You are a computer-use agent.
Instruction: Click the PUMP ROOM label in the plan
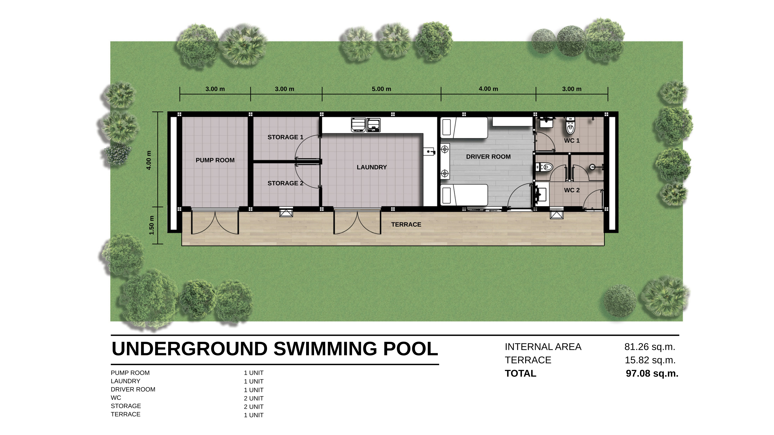[x=215, y=160]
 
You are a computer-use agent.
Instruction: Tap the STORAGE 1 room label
[x=285, y=137]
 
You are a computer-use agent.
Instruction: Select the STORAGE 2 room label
[x=285, y=183]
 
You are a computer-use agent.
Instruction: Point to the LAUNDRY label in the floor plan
[x=372, y=167]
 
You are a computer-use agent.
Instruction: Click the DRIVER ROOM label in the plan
[x=488, y=157]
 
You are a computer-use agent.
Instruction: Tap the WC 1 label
[x=572, y=141]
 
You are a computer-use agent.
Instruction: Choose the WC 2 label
[x=572, y=190]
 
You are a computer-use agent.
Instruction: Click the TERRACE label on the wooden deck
[x=406, y=224]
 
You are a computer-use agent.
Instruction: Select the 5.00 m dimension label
[x=382, y=89]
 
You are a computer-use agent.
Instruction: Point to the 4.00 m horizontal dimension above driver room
[x=488, y=89]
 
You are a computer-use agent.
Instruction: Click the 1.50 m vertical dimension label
[x=152, y=225]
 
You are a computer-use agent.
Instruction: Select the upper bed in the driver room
[x=464, y=128]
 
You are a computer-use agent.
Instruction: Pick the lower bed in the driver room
[x=464, y=195]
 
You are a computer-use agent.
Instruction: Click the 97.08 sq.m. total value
[x=652, y=374]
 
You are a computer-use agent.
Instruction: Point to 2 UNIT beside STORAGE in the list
[x=254, y=407]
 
